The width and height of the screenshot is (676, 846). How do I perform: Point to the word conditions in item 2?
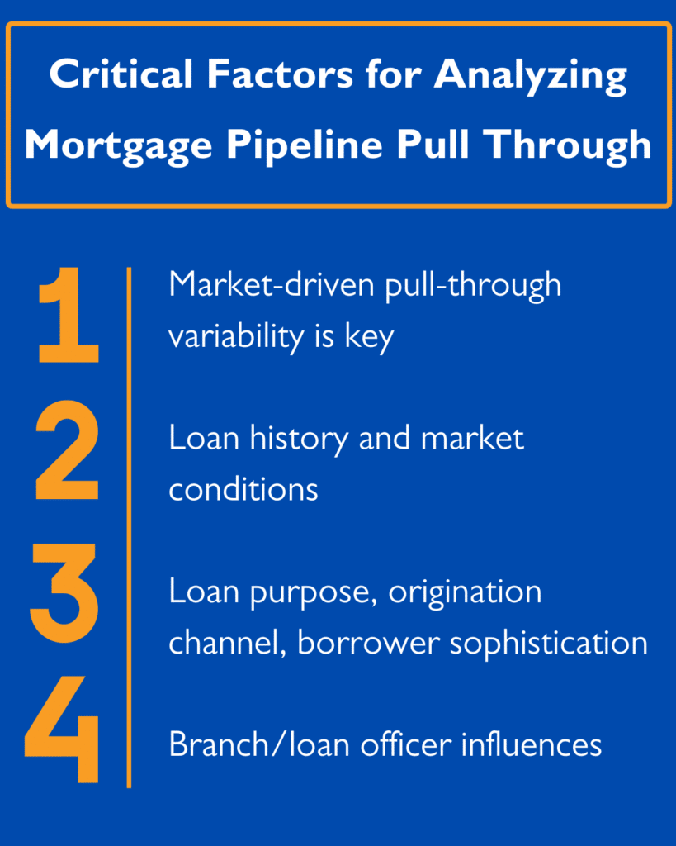[243, 489]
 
